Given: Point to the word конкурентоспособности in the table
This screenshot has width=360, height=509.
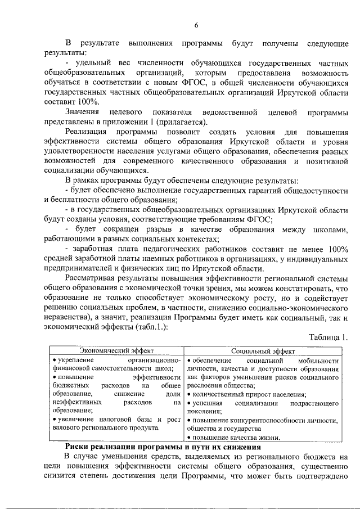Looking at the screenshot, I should coord(267,420).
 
